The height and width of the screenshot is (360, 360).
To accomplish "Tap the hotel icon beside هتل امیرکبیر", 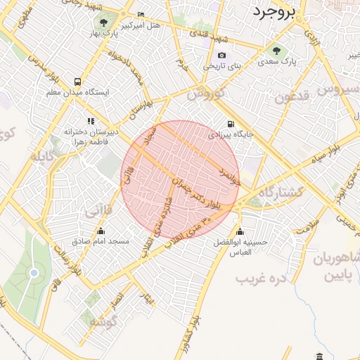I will (x=141, y=15).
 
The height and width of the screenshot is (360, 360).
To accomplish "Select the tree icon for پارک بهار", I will (x=104, y=22).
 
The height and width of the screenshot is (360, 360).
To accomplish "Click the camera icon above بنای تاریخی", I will (x=222, y=56).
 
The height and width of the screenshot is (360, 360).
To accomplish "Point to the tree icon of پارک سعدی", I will (x=276, y=51).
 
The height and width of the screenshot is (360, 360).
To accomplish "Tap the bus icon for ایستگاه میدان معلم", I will (x=76, y=81).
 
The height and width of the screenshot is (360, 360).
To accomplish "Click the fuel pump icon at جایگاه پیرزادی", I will (x=231, y=124).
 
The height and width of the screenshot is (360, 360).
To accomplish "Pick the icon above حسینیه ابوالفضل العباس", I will (x=240, y=232).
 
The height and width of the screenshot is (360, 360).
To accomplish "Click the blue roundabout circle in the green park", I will (x=33, y=272).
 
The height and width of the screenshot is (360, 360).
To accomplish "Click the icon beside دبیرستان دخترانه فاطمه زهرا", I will (x=90, y=121).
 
